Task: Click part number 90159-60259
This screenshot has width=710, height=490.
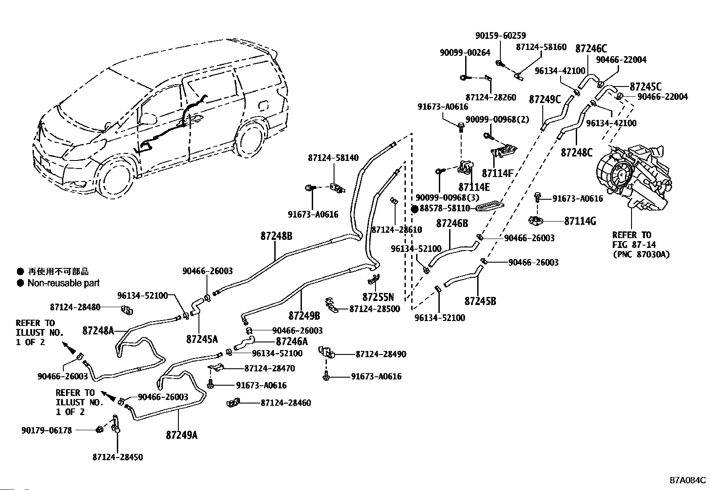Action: pyautogui.click(x=500, y=36)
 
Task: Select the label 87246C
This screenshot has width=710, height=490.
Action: pyautogui.click(x=591, y=49)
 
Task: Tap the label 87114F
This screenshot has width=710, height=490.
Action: pyautogui.click(x=497, y=173)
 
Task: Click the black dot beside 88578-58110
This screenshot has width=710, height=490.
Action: pyautogui.click(x=415, y=209)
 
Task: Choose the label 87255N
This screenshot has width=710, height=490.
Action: pyautogui.click(x=378, y=297)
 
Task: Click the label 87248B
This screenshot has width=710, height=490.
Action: pyautogui.click(x=277, y=236)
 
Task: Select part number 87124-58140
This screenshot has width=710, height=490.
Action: pyautogui.click(x=333, y=157)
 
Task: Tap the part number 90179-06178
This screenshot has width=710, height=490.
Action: pyautogui.click(x=46, y=430)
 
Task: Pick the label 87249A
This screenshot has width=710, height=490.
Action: pyautogui.click(x=182, y=435)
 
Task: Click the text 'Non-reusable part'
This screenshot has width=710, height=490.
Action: pyautogui.click(x=64, y=283)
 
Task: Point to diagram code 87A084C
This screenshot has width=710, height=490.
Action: pyautogui.click(x=688, y=480)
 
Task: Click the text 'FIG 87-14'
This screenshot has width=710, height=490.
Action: pyautogui.click(x=634, y=245)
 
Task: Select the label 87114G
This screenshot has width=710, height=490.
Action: pyautogui.click(x=580, y=221)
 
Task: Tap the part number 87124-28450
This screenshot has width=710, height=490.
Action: pyautogui.click(x=118, y=457)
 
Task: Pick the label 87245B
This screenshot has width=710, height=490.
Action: pyautogui.click(x=480, y=301)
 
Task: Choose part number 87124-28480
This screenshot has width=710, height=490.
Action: pyautogui.click(x=75, y=307)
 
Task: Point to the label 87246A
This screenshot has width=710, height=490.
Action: pyautogui.click(x=292, y=342)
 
